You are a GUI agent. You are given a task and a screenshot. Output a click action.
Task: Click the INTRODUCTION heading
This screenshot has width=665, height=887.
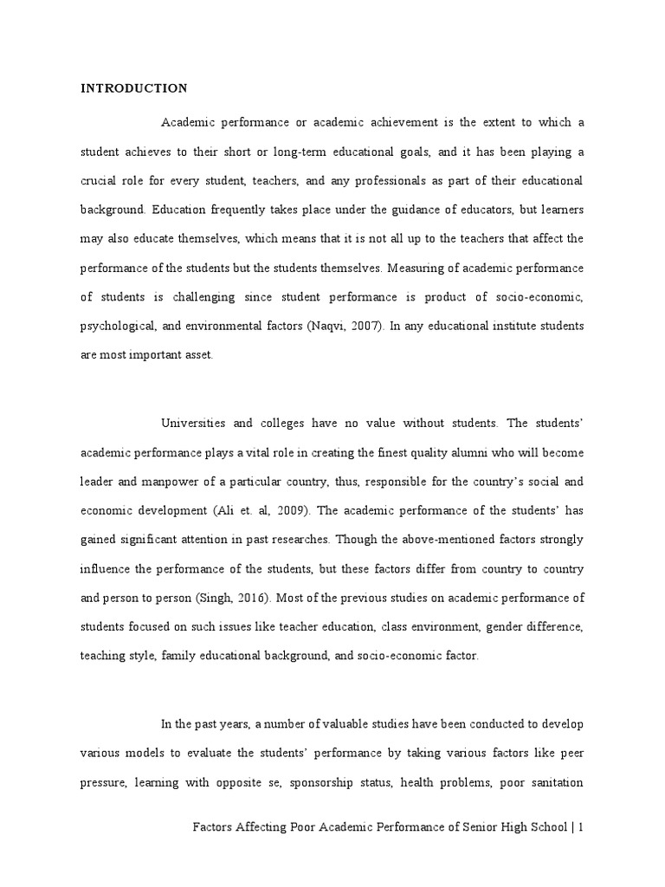[x=133, y=88]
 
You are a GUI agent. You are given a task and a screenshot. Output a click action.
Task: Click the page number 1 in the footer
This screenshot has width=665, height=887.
[x=581, y=827]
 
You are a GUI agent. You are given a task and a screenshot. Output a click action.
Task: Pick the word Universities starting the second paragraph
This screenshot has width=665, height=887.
[x=195, y=423]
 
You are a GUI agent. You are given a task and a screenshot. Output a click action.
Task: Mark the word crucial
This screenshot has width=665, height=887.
[x=100, y=180]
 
